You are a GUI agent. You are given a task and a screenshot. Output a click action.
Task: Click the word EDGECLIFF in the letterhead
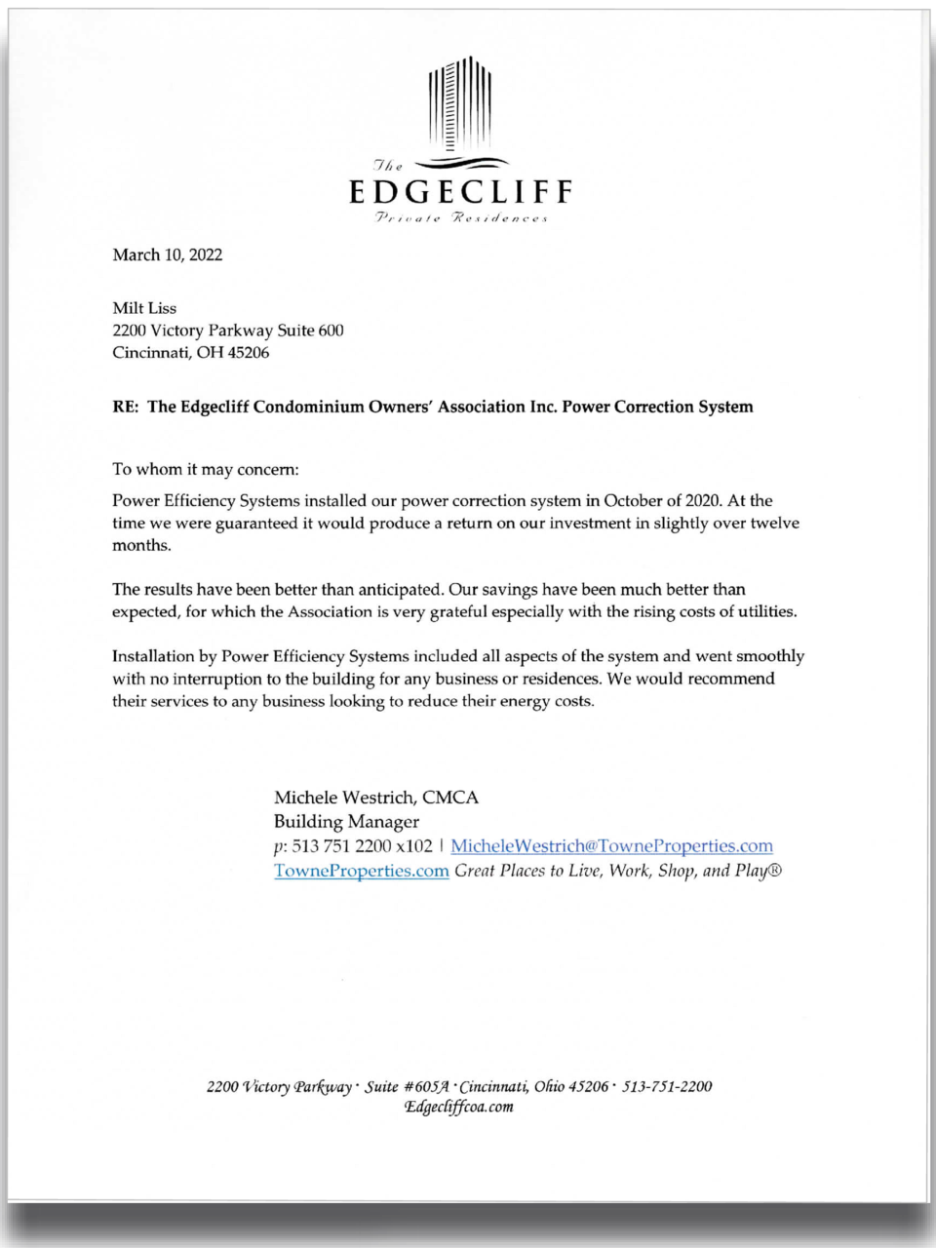pos(460,191)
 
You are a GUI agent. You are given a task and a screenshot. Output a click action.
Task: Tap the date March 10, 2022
pos(168,255)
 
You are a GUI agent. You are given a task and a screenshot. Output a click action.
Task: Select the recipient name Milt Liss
pos(144,308)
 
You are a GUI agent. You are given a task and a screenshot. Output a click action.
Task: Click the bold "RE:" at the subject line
pos(126,407)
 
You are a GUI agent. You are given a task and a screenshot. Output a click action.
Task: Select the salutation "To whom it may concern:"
pos(206,469)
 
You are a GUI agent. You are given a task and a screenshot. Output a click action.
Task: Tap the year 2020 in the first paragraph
pos(703,501)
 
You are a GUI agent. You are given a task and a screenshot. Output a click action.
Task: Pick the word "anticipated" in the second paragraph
pos(399,590)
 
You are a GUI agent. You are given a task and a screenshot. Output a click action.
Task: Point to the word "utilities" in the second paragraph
pos(762,612)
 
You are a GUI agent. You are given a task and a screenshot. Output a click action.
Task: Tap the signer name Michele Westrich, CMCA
pos(376,798)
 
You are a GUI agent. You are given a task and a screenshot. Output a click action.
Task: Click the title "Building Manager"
pos(346,822)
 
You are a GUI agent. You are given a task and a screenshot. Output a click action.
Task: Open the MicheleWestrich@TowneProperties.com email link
pos(611,846)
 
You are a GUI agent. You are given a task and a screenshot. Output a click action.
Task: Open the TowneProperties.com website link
pos(361,871)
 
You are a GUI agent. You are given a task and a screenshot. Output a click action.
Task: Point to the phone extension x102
pos(414,846)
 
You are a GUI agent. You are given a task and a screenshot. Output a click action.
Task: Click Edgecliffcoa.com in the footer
pos(459,1108)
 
